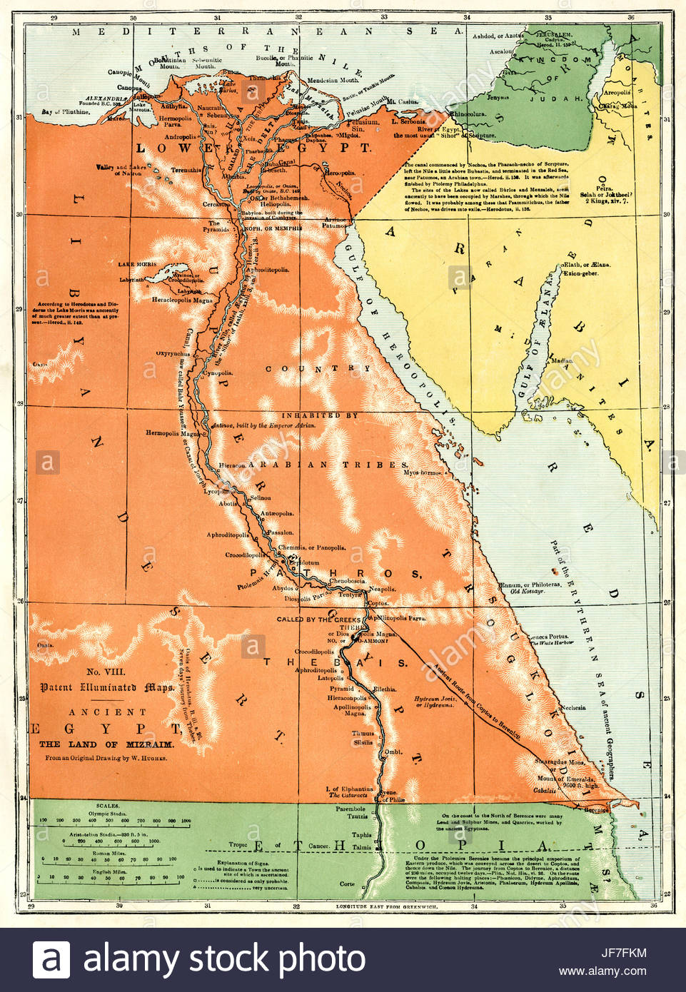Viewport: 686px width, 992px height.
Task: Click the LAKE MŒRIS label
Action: [136, 264]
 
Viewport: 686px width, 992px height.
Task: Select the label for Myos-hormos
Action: [422, 472]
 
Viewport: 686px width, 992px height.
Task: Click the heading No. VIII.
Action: [106, 672]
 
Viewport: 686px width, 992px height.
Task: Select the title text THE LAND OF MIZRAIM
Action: [106, 744]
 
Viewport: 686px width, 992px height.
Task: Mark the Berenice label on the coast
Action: [596, 810]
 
